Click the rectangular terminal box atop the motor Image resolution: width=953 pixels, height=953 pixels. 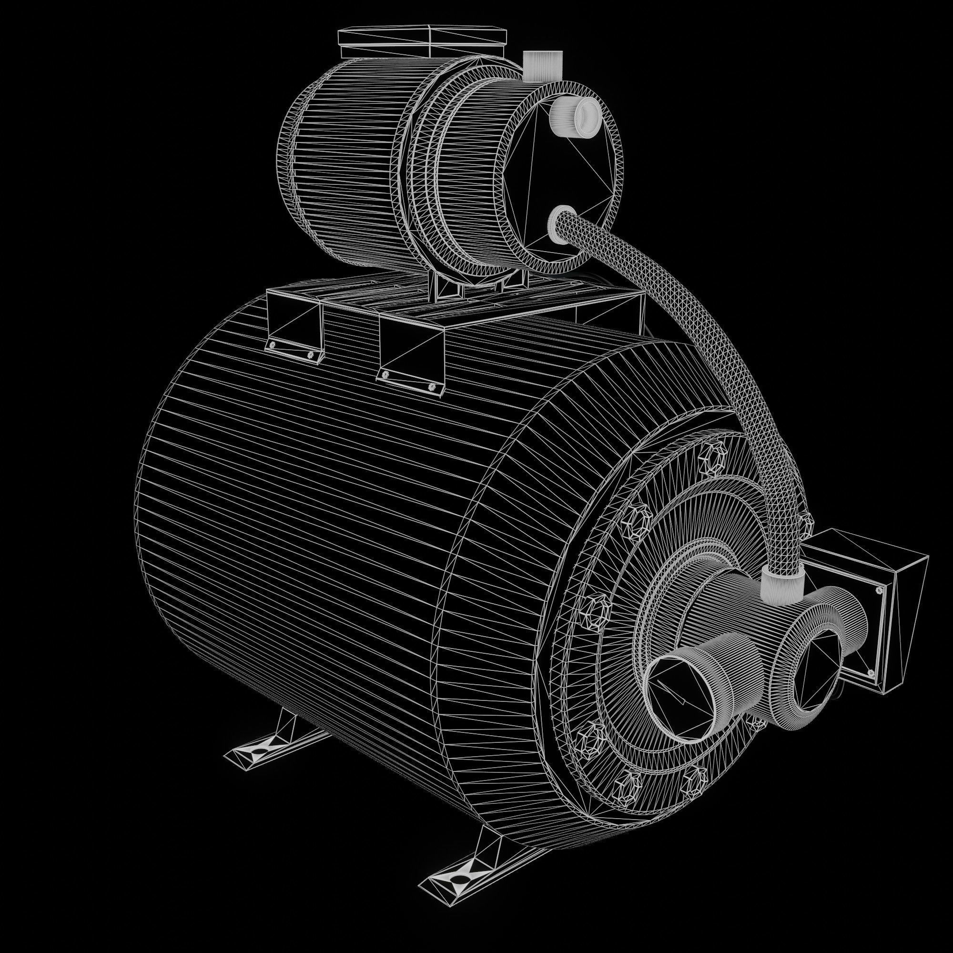click(x=422, y=43)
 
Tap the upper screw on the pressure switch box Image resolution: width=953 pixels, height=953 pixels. click(x=878, y=589)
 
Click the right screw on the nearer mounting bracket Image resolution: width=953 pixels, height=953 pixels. click(x=433, y=387)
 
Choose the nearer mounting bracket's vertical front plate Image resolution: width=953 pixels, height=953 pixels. click(x=412, y=348)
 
